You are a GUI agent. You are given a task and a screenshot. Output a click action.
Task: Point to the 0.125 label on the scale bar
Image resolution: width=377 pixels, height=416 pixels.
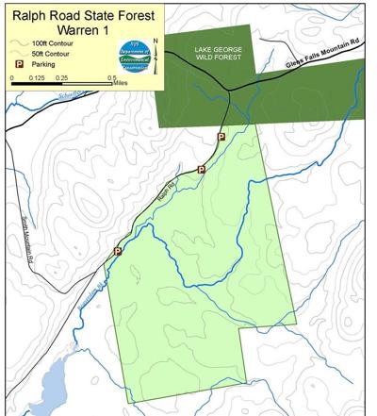[35, 78]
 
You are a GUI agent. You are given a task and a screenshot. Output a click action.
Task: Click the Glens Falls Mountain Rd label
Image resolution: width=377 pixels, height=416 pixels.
[322, 58]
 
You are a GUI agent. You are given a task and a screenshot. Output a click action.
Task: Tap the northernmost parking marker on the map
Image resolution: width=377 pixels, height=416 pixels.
[221, 137]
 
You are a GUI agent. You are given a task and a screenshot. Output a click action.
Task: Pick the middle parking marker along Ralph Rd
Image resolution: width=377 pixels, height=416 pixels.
[201, 170]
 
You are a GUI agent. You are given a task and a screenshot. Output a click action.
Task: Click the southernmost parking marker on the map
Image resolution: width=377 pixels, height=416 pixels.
[118, 252]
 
